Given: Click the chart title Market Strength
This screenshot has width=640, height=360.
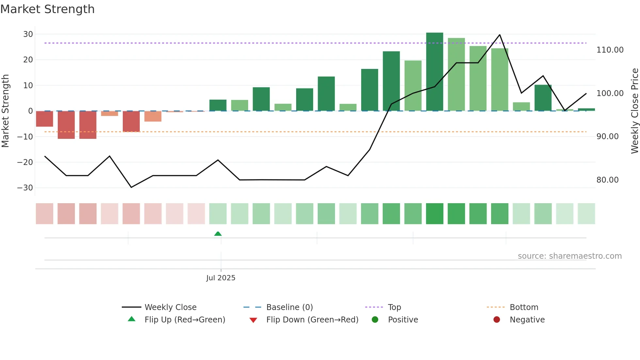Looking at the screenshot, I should pyautogui.click(x=47, y=9).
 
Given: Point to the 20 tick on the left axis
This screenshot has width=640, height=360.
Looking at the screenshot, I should pyautogui.click(x=28, y=60).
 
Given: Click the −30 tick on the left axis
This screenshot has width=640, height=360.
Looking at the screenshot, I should pyautogui.click(x=25, y=188).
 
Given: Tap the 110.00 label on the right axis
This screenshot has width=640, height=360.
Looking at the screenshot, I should pyautogui.click(x=610, y=50).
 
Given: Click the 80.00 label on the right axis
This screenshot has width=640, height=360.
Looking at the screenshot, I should pyautogui.click(x=607, y=180).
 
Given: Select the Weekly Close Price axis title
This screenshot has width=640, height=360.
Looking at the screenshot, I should pyautogui.click(x=634, y=111).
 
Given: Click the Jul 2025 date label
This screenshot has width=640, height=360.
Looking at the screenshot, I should pyautogui.click(x=221, y=278).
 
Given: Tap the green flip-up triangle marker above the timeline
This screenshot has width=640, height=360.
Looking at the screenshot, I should pyautogui.click(x=218, y=234).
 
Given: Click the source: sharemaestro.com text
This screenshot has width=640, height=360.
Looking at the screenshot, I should pyautogui.click(x=569, y=256).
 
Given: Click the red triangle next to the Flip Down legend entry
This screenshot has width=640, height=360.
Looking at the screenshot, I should pyautogui.click(x=253, y=320).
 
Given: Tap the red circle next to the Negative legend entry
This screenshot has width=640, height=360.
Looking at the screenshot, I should pyautogui.click(x=497, y=320).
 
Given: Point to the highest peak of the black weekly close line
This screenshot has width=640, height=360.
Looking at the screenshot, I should pyautogui.click(x=500, y=35).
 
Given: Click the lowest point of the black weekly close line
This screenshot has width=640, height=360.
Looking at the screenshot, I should pyautogui.click(x=131, y=187).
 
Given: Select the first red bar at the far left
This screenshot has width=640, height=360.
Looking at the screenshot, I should pyautogui.click(x=44, y=119).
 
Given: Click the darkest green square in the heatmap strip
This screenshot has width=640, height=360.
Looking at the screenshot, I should pyautogui.click(x=435, y=214).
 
